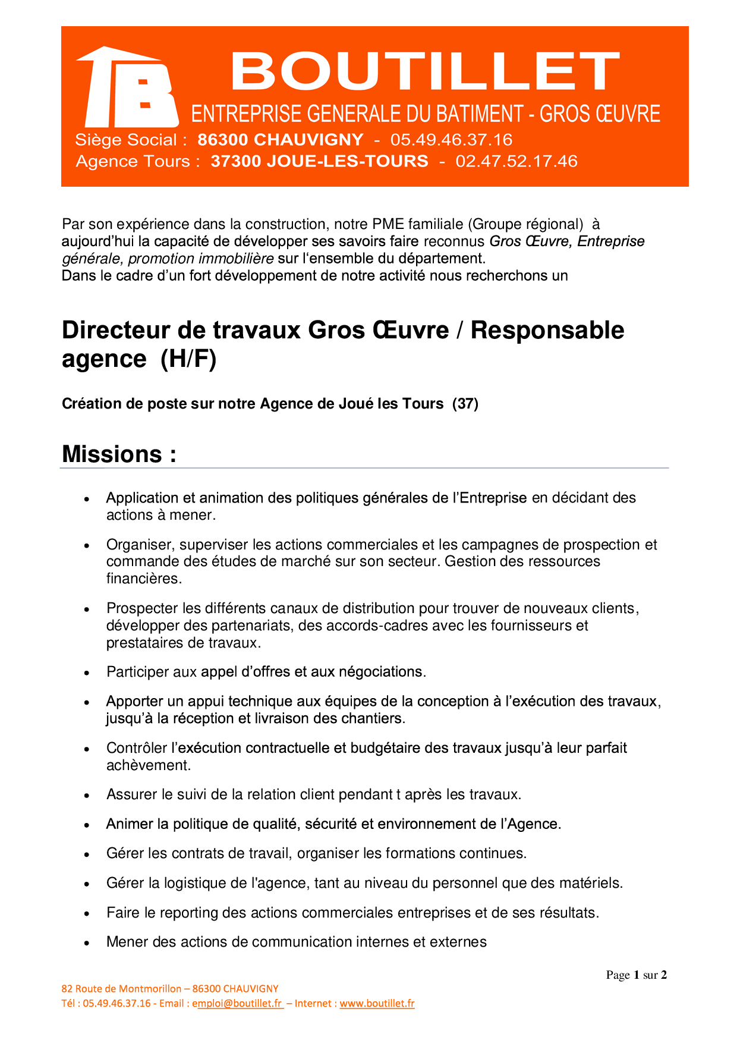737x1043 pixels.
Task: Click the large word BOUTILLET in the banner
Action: coord(424,71)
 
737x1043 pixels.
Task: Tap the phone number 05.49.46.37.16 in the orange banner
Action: coord(451,140)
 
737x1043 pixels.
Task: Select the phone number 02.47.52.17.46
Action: coord(516,161)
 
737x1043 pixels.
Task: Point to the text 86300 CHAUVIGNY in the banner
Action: coord(280,140)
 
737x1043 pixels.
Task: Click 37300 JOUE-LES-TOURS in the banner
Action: coord(319,161)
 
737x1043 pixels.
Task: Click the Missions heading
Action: coord(119,454)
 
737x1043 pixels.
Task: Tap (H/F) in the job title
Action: coord(188,359)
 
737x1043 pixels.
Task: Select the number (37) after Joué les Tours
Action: coord(465,404)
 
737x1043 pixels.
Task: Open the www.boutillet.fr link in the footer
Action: coord(377,1003)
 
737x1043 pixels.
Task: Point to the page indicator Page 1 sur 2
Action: coord(636,975)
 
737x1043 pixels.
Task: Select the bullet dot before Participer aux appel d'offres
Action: coord(87,673)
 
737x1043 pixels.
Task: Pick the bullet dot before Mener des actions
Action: coord(87,943)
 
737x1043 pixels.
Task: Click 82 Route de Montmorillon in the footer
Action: coord(121,988)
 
